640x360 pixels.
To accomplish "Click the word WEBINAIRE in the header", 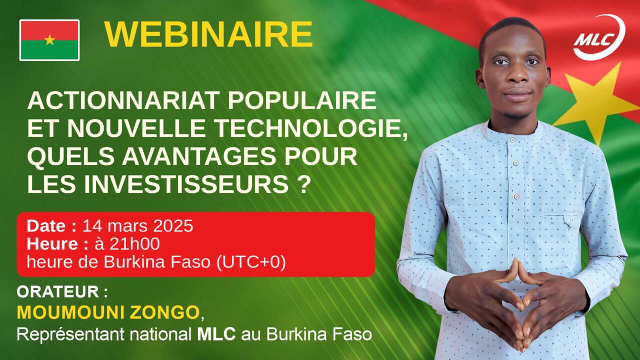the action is [x=208, y=34].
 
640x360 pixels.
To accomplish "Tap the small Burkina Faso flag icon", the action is [x=49, y=40].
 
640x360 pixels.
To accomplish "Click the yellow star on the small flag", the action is [x=49, y=39].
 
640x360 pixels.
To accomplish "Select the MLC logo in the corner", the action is [x=599, y=37].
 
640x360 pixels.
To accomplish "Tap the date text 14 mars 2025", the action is [x=137, y=226].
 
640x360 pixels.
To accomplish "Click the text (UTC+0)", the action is [x=251, y=262].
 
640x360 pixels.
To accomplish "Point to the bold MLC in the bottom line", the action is [x=216, y=334].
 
